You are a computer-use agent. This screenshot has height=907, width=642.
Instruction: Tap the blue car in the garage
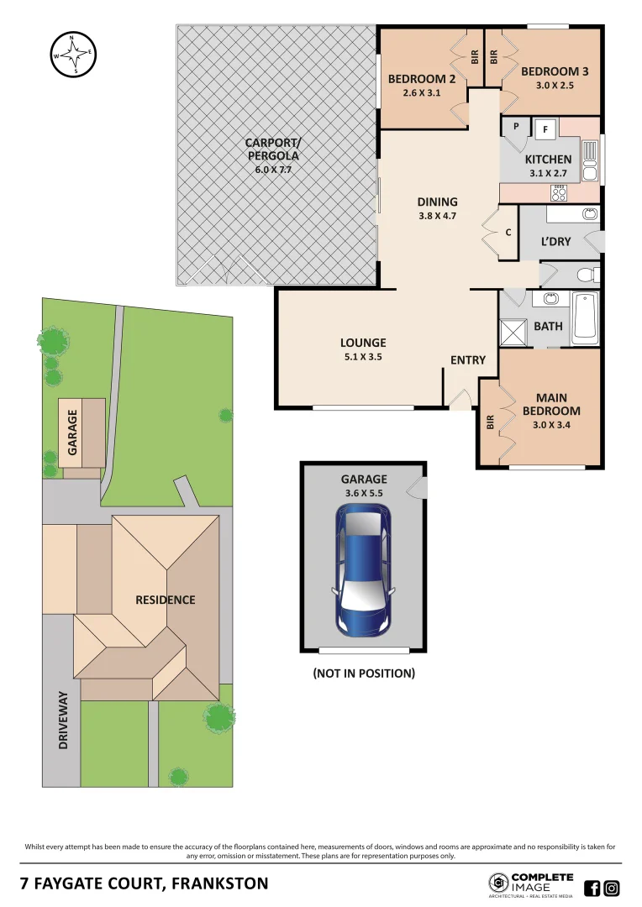(x=363, y=570)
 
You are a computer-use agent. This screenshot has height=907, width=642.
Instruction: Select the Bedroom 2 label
(x=421, y=79)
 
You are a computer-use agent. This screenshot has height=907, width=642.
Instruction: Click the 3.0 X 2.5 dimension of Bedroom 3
(x=554, y=85)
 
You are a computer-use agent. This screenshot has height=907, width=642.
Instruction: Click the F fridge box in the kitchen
(x=545, y=129)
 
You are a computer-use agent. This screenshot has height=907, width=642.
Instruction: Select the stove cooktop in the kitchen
(x=558, y=193)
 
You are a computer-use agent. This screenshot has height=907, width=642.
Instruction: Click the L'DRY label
(x=555, y=241)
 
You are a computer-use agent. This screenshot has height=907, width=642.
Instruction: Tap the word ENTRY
(x=468, y=360)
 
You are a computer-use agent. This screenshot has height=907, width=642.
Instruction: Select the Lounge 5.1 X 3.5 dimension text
(x=363, y=356)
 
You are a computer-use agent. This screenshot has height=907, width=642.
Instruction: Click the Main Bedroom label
(x=551, y=404)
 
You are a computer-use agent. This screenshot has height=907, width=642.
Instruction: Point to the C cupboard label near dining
(x=508, y=233)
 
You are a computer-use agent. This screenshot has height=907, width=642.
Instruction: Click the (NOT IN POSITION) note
(x=363, y=674)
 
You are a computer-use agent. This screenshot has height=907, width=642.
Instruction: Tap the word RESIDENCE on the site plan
(x=166, y=600)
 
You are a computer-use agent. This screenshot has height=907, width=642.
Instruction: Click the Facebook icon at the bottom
(x=592, y=888)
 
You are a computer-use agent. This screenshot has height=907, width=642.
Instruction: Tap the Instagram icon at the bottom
(x=613, y=888)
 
